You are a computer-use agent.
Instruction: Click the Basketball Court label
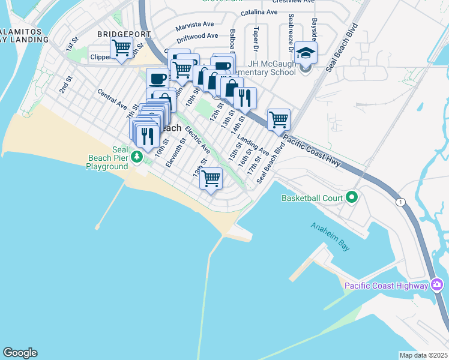[312, 197]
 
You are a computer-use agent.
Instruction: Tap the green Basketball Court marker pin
[352, 197]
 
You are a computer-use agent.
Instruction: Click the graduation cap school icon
[305, 53]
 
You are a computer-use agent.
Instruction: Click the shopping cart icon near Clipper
[122, 47]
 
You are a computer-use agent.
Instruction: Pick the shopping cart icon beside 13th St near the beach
[211, 178]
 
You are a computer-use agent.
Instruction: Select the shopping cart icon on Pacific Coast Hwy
[279, 119]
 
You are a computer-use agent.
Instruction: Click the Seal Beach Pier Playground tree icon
[137, 157]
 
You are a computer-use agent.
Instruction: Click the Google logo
[20, 353]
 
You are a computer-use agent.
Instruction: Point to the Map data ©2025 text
[423, 355]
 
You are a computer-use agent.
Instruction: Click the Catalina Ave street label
[259, 12]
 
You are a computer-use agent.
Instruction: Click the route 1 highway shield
[400, 202]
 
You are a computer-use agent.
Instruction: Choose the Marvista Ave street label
[195, 26]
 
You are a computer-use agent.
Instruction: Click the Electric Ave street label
[197, 139]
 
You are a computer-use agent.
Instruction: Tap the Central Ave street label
[112, 99]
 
